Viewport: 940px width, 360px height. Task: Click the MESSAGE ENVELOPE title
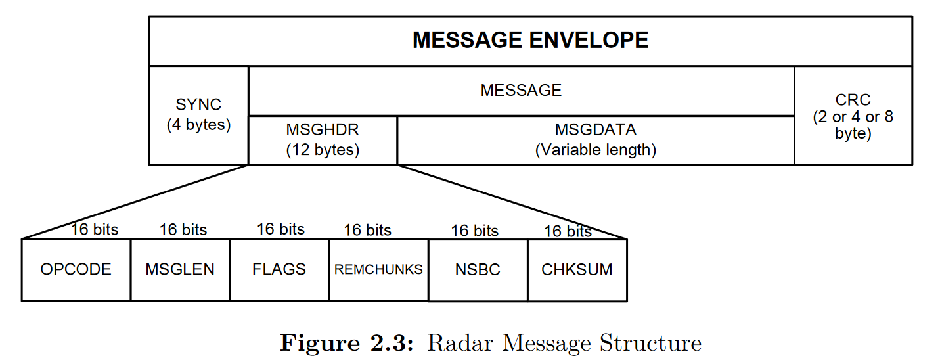[x=530, y=40]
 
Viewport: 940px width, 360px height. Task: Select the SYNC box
[x=198, y=115]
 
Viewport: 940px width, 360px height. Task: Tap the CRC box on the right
[x=853, y=116]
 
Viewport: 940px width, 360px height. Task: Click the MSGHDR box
[x=323, y=140]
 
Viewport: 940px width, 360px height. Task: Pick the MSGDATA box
[x=595, y=140]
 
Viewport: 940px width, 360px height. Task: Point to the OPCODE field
[x=76, y=269]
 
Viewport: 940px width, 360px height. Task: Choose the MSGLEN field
[x=180, y=269]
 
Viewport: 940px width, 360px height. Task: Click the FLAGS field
[x=279, y=269]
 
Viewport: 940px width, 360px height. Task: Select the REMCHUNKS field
[x=378, y=269]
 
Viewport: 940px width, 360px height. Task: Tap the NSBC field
[x=478, y=270]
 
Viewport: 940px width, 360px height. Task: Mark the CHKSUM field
[x=577, y=270]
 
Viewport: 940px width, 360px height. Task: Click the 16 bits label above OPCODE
[x=95, y=229]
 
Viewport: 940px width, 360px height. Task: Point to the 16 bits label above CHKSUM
[x=568, y=231]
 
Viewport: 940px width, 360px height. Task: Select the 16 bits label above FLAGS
[x=280, y=229]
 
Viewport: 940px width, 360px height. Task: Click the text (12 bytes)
[x=323, y=150]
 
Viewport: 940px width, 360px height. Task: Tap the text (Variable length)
[x=595, y=150]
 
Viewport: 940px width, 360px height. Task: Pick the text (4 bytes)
[x=198, y=125]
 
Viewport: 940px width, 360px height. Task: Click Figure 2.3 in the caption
[x=347, y=343]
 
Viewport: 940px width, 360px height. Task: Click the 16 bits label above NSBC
[x=474, y=231]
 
